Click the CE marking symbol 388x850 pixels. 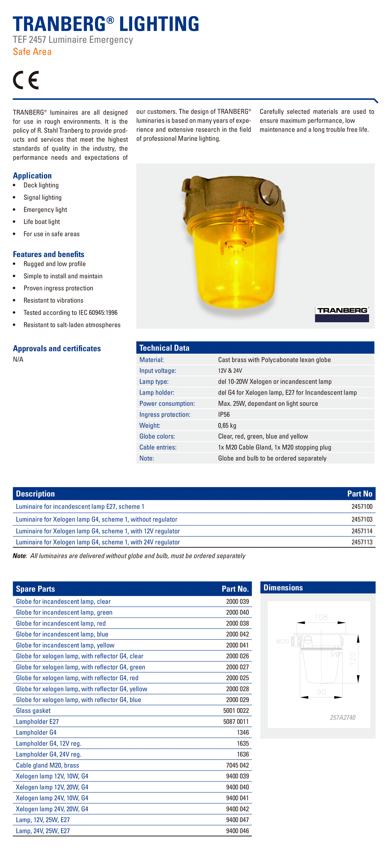(x=26, y=80)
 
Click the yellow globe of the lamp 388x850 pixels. (x=236, y=267)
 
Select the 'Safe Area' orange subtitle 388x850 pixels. (x=32, y=52)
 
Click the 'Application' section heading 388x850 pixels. (x=32, y=176)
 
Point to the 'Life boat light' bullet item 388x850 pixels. (x=42, y=222)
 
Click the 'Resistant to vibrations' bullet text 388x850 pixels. (x=53, y=300)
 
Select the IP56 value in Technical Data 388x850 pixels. (x=224, y=414)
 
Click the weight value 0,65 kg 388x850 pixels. (x=227, y=425)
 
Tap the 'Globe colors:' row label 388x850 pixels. (x=157, y=436)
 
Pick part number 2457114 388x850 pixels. (x=362, y=531)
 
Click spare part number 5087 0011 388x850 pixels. (x=236, y=721)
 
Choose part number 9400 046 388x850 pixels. (x=237, y=831)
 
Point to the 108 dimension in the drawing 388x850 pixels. (x=321, y=617)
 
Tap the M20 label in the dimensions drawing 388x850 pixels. (x=282, y=641)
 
